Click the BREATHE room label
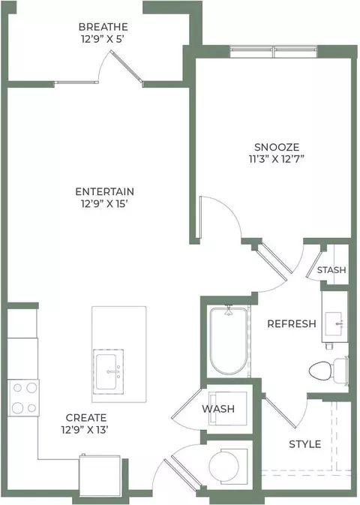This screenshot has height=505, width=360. [x=103, y=27]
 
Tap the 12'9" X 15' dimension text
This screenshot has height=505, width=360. [x=105, y=204]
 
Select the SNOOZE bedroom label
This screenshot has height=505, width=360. [x=277, y=147]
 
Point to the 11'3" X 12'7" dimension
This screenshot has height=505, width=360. [x=277, y=159]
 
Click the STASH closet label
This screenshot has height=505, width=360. [x=331, y=270]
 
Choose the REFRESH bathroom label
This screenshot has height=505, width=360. [x=292, y=323]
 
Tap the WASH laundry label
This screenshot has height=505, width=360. [x=218, y=409]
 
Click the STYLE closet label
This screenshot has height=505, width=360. [x=305, y=444]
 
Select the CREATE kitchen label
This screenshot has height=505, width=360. [x=86, y=418]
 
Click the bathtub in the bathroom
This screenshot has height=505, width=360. [x=229, y=341]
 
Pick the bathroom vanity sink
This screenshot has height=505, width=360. [x=334, y=323]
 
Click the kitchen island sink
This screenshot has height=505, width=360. [x=108, y=371]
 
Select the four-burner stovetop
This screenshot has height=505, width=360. [x=23, y=398]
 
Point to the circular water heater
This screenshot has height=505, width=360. [x=224, y=465]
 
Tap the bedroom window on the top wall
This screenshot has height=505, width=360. [x=274, y=53]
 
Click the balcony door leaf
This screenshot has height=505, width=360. [x=126, y=66]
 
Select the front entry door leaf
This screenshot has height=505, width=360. [x=183, y=473]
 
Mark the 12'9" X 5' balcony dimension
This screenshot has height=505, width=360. [x=103, y=39]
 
